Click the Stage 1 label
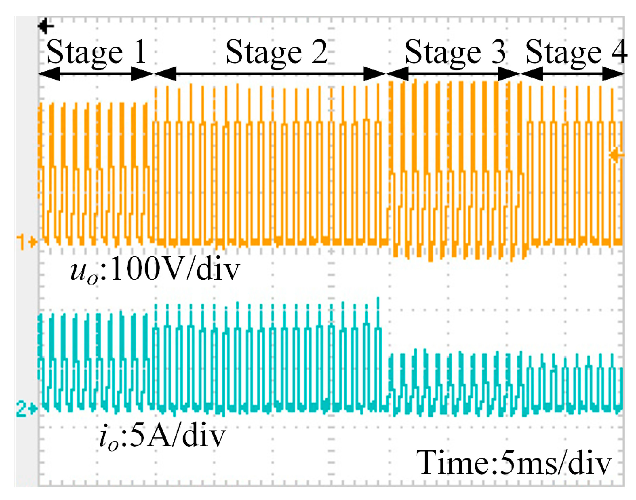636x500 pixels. pos(96,53)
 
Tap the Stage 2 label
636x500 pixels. pos(276,53)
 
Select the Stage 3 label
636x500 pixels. pos(455,53)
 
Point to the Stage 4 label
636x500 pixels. pos(576,53)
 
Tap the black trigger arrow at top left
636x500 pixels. pos(46,26)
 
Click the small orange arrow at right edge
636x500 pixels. pos(616,155)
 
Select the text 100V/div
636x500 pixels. pos(175,270)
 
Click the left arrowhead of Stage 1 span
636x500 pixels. pos(48,74)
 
